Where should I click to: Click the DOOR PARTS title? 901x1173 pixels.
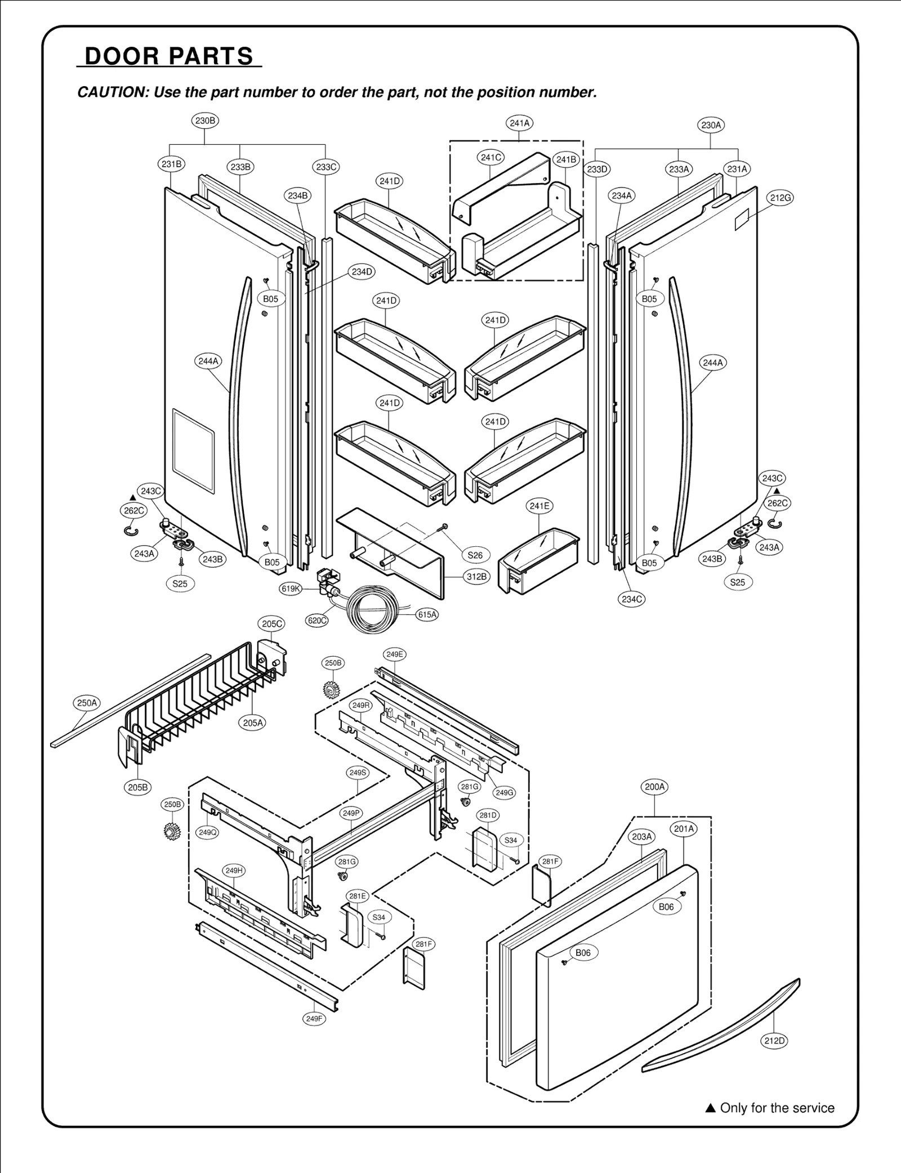pos(169,56)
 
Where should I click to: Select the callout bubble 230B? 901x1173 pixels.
pos(204,121)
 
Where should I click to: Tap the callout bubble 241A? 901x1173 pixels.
pos(519,123)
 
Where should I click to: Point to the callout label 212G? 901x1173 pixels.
pos(780,198)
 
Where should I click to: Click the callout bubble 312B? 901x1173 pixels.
pos(476,577)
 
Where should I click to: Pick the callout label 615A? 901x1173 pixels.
pos(427,614)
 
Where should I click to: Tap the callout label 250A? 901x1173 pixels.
pos(87,703)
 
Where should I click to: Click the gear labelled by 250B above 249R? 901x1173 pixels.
pos(333,689)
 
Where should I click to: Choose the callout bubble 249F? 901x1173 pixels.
pos(314,1018)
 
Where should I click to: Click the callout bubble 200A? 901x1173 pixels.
pos(654,787)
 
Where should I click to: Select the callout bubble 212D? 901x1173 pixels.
pos(774,1041)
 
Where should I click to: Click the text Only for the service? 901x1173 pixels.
pos(777,1108)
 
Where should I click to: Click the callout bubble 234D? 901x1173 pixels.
pos(363,272)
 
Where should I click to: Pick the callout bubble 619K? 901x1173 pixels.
pos(291,589)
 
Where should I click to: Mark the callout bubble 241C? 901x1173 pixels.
pos(491,158)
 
